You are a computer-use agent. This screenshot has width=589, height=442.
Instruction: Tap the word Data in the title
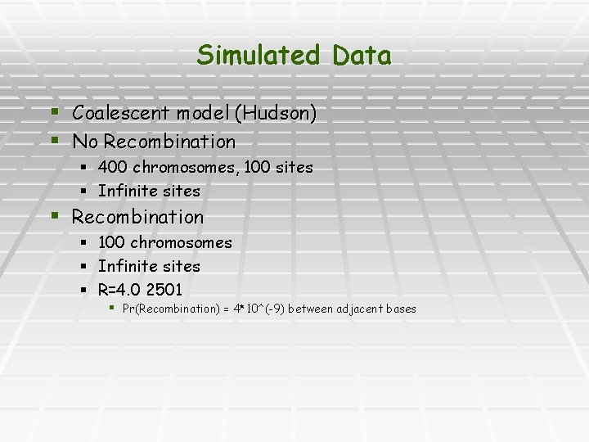click(361, 56)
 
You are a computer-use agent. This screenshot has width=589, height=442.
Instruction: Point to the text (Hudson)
click(275, 113)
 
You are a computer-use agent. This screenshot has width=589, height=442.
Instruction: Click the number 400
click(111, 167)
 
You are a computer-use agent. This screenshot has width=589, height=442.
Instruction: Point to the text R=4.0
click(119, 290)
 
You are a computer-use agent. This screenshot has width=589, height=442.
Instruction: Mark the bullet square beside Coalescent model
click(55, 111)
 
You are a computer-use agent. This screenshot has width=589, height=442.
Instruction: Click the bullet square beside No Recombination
click(55, 140)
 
